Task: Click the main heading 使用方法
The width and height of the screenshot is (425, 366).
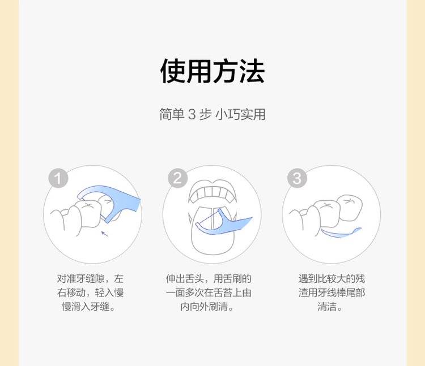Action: (212, 71)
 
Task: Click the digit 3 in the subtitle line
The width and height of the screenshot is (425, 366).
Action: (192, 114)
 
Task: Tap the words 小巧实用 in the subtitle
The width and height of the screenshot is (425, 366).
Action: (240, 114)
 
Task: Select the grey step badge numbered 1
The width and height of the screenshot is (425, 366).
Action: (58, 178)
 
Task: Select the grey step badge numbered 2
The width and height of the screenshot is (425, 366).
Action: (177, 178)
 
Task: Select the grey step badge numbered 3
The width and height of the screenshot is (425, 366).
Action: (297, 178)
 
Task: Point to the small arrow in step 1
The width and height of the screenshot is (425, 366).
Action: (105, 234)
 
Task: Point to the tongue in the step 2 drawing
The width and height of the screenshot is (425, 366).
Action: (212, 230)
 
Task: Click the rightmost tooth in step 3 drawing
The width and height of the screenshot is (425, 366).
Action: (350, 207)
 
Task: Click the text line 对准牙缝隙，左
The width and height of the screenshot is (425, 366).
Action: (90, 279)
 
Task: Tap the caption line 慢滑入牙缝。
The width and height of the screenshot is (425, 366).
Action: (88, 307)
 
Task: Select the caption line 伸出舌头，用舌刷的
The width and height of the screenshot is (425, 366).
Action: (209, 279)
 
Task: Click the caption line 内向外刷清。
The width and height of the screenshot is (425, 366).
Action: (207, 307)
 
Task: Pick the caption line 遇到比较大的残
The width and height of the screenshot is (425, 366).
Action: (331, 279)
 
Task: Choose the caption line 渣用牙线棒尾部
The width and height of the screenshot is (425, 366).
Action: (331, 292)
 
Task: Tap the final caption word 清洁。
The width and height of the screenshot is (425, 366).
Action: (330, 307)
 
